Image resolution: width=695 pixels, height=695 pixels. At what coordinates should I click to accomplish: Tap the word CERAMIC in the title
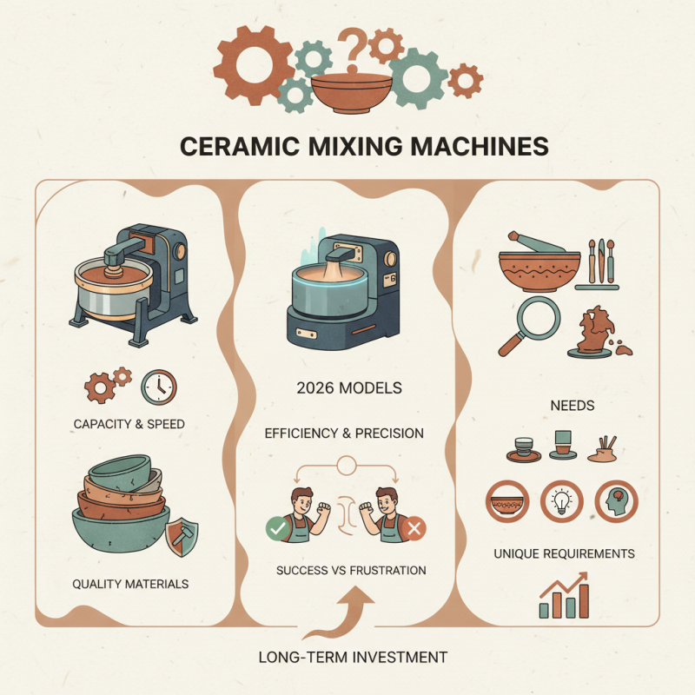[235, 145]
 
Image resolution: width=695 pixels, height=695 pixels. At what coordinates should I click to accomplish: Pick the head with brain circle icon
[615, 501]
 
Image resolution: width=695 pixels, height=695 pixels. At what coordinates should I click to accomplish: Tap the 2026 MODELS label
[347, 388]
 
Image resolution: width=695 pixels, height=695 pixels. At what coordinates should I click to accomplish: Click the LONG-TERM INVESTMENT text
[347, 658]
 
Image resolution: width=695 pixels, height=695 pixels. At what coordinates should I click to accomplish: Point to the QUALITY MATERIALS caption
[130, 584]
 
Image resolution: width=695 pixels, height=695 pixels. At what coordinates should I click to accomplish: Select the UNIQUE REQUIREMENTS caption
[565, 553]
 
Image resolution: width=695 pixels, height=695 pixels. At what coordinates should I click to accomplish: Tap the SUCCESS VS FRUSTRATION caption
[351, 571]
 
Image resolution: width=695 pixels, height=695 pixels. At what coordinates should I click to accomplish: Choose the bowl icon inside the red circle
[506, 501]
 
